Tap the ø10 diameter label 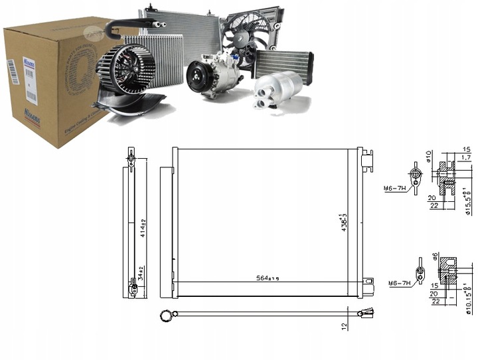[429, 157]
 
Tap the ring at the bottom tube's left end [165, 315]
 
